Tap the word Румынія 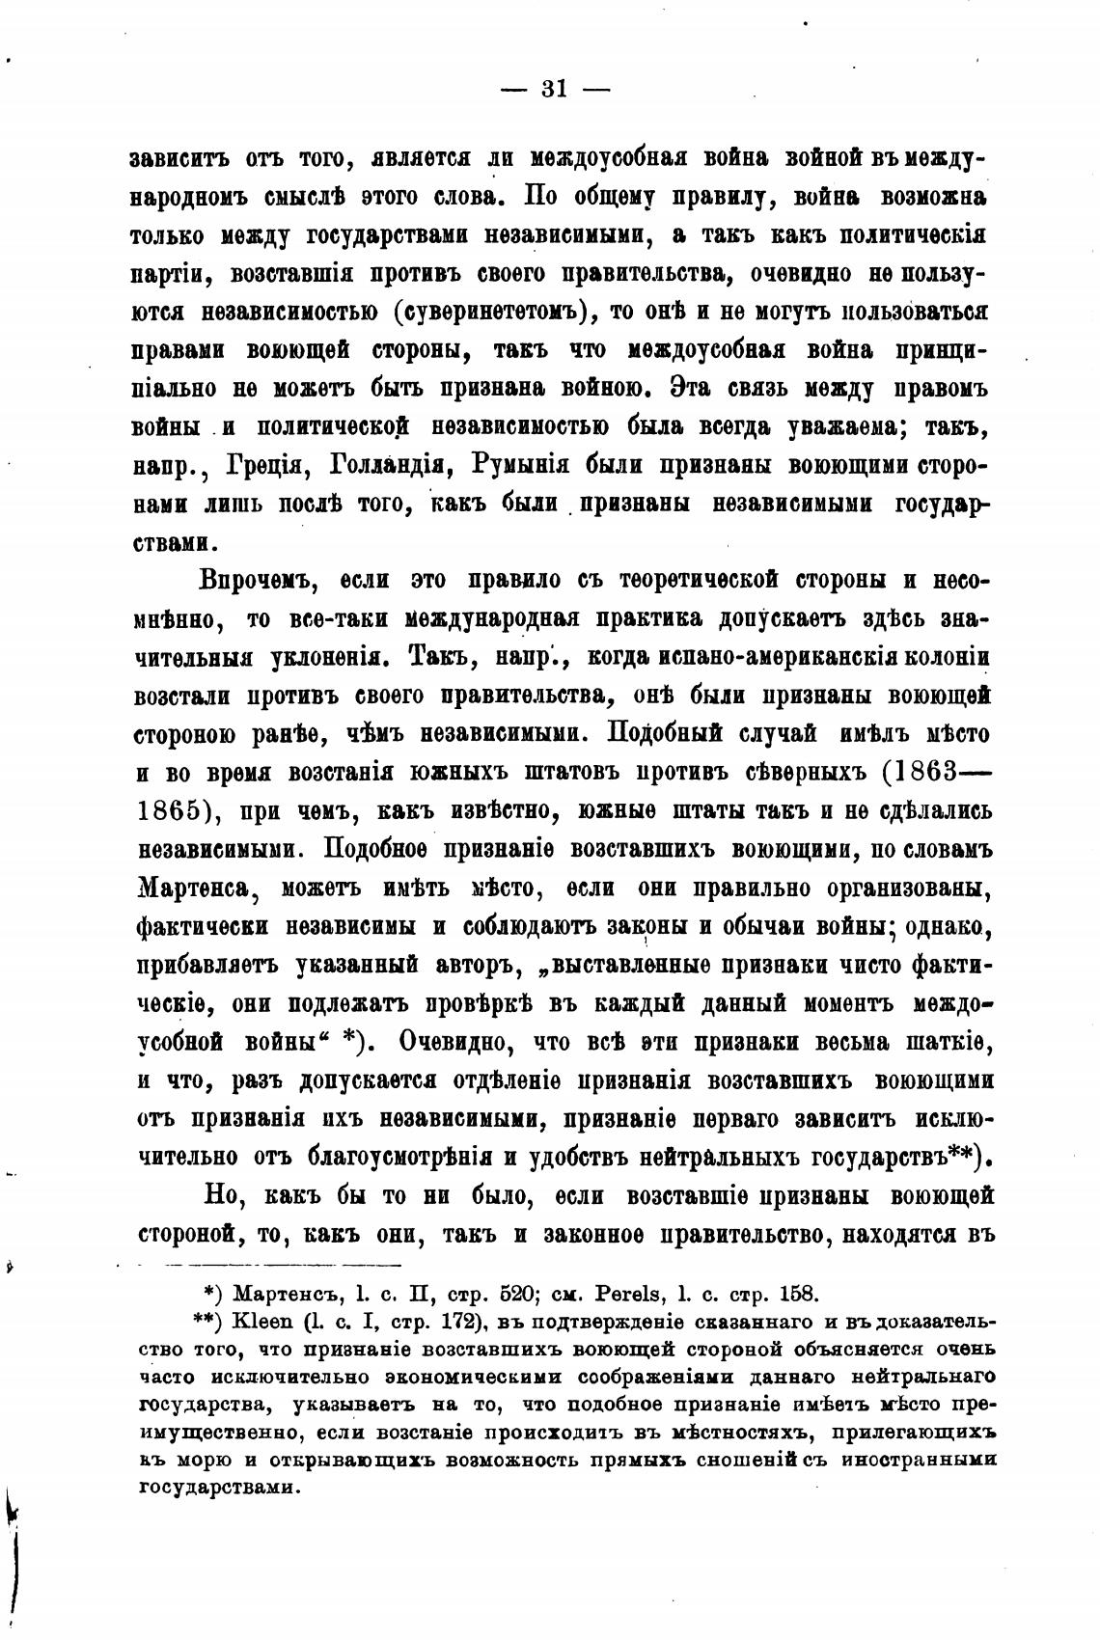pos(522,464)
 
